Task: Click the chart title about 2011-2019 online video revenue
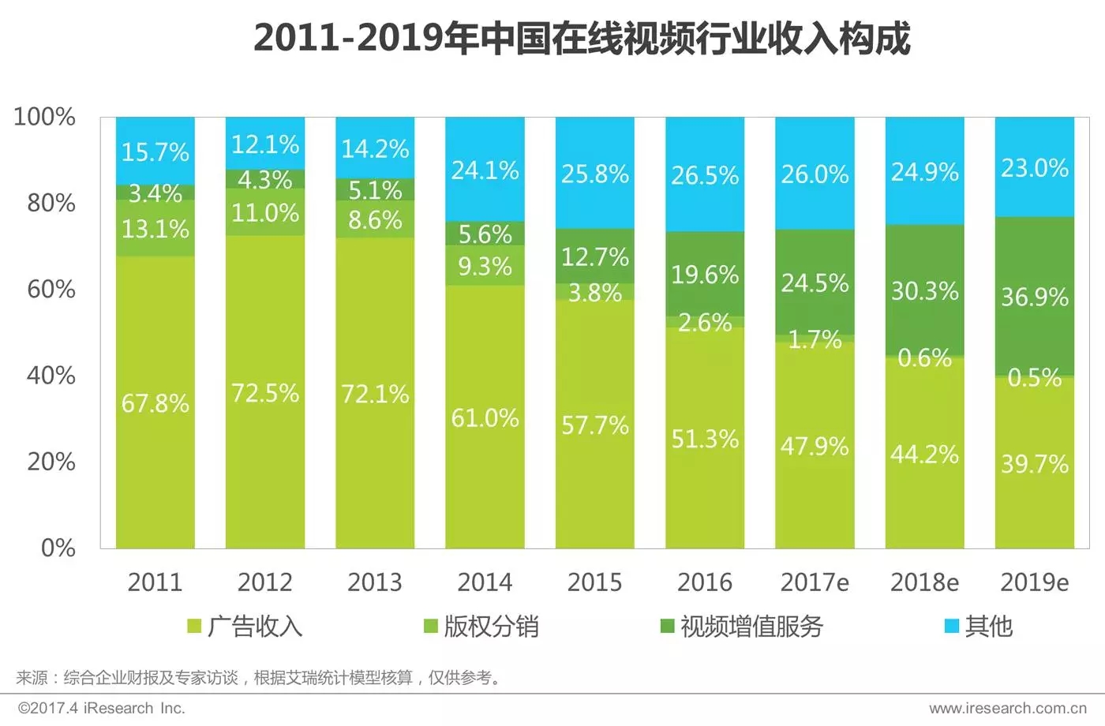click(582, 38)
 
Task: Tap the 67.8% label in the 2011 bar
click(155, 403)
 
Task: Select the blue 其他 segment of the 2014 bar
click(485, 170)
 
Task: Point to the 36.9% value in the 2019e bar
click(1034, 297)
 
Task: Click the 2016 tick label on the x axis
click(705, 582)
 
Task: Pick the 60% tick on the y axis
click(51, 289)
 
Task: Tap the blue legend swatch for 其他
click(952, 627)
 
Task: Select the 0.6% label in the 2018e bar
click(924, 358)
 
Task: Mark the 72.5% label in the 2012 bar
click(264, 393)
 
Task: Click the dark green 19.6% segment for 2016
click(705, 274)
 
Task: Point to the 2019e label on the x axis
click(1034, 582)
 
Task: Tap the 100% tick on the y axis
click(45, 117)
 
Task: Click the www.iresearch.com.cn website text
click(1007, 708)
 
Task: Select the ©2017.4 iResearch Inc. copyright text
click(102, 708)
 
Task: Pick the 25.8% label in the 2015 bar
click(594, 174)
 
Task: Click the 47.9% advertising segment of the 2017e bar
click(815, 447)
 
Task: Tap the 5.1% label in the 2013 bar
click(375, 190)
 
